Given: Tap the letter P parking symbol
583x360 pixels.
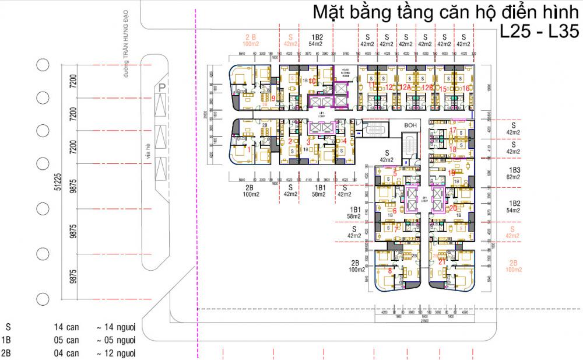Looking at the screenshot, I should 161,86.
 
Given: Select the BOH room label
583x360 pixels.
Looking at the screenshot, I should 411,125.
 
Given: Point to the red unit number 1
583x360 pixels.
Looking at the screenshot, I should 250,150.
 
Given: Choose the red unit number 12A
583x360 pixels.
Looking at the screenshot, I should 405,88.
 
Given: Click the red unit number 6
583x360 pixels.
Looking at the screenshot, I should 395,211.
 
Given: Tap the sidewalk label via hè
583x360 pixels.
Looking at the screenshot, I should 149,151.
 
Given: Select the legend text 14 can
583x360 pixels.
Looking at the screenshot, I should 66,327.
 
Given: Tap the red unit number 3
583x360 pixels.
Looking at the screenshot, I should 308,141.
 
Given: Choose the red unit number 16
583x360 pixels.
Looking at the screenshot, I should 466,88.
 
